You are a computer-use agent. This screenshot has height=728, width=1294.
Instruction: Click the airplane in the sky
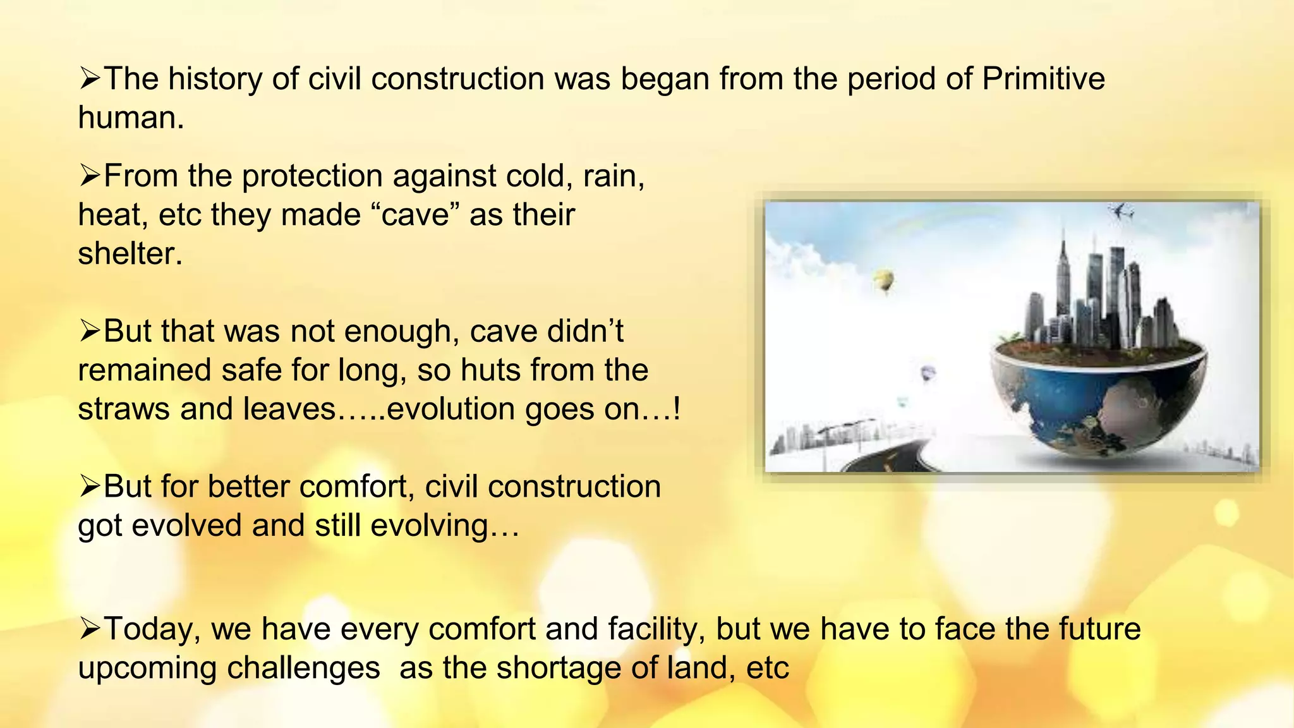pos(1121,211)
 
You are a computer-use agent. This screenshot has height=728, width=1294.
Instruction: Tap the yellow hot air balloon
pos(884,280)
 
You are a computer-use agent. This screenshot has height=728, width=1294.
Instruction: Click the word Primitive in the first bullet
pos(1043,79)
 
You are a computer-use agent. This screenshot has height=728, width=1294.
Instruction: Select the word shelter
pos(130,253)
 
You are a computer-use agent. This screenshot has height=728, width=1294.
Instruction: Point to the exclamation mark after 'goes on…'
pos(677,409)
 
